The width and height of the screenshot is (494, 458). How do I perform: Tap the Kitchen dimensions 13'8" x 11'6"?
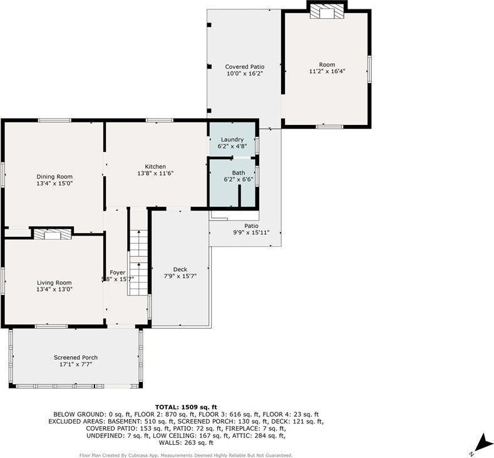(155, 174)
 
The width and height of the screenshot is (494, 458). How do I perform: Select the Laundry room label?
(232, 139)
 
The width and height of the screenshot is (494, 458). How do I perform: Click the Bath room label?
(238, 172)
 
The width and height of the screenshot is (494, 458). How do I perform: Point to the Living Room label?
(54, 282)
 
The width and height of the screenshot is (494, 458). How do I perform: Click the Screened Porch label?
(75, 357)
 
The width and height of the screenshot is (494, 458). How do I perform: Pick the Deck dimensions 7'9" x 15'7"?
(180, 276)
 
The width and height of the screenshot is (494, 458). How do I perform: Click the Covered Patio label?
(244, 66)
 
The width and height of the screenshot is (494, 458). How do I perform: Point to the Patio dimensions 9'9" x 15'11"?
(251, 233)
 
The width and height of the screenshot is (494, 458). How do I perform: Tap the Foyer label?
(117, 272)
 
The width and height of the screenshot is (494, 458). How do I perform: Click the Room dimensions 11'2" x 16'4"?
(327, 71)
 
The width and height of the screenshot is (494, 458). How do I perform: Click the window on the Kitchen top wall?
(155, 120)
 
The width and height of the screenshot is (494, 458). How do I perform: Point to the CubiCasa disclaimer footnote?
(185, 455)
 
